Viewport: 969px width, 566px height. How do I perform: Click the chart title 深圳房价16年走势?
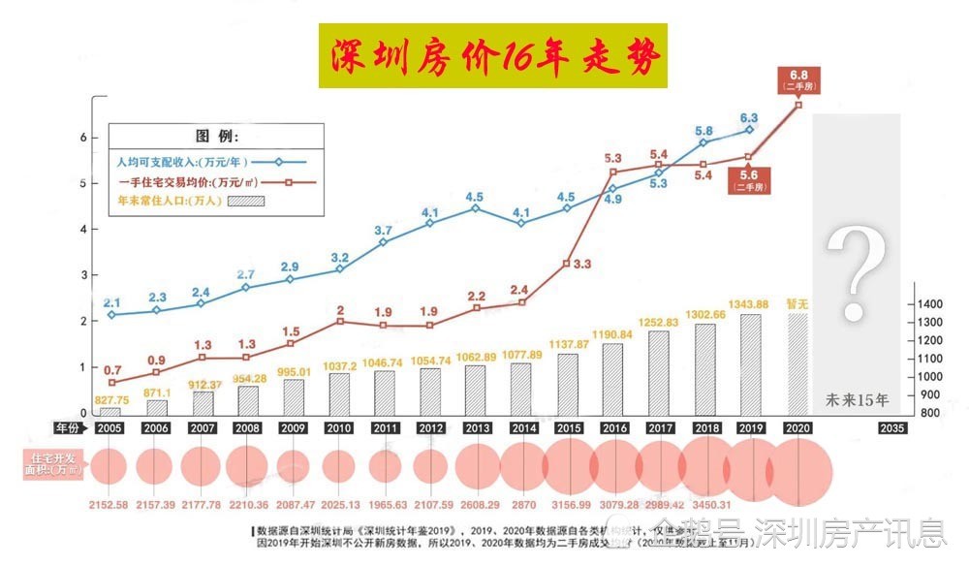(x=494, y=57)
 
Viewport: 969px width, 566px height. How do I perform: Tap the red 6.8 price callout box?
(x=799, y=79)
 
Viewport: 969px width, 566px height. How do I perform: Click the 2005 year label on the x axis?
(x=110, y=427)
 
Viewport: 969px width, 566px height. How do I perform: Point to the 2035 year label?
(x=892, y=427)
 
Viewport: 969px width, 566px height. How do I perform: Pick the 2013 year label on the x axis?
(x=476, y=427)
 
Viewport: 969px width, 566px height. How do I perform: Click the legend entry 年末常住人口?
(x=171, y=202)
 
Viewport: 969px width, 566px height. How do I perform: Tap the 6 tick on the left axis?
(x=83, y=138)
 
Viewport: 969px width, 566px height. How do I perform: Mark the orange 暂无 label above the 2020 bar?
(x=796, y=304)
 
